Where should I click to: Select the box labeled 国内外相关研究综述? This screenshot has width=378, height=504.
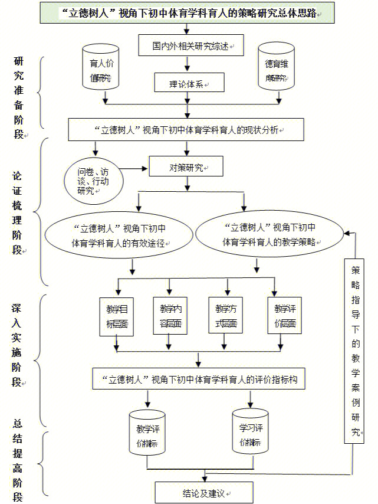191,45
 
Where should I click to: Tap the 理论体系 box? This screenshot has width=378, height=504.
189,83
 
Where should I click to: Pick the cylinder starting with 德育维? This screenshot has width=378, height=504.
276,70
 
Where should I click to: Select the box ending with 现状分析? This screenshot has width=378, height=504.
187,129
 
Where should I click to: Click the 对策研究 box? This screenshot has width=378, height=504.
186,167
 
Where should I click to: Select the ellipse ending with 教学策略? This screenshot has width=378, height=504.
269,234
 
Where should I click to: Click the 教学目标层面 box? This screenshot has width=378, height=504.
117,316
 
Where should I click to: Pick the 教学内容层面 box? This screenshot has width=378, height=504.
170,316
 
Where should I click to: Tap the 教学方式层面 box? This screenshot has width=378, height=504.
225,316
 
